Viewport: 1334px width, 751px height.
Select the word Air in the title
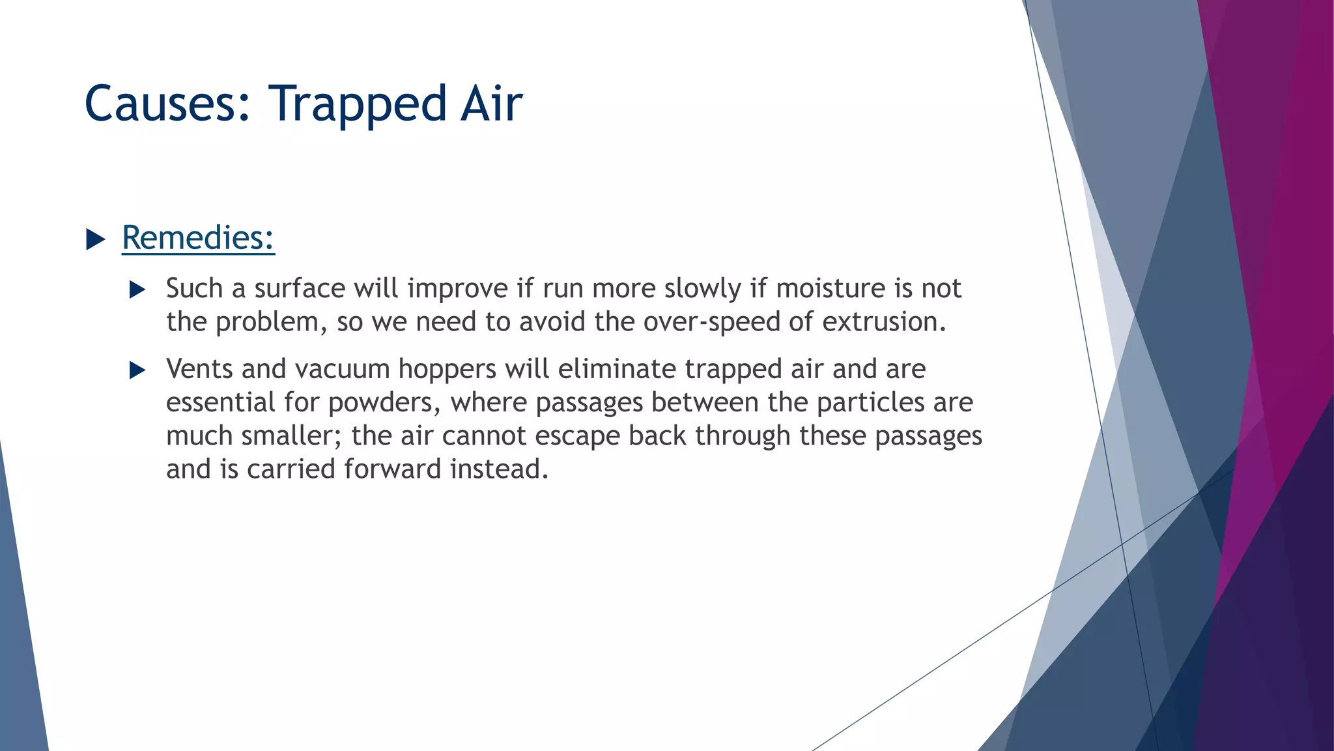coord(491,104)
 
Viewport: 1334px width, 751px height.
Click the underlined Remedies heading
coord(198,237)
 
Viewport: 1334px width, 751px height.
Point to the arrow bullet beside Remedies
coord(96,239)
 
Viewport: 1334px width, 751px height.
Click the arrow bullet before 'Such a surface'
coord(137,289)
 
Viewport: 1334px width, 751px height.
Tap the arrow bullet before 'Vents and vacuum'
coord(137,370)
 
